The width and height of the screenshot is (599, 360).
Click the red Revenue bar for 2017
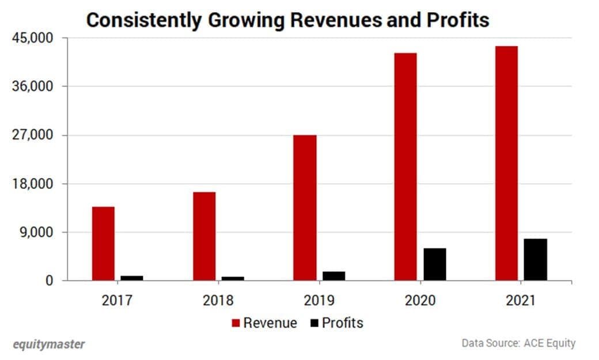point(103,244)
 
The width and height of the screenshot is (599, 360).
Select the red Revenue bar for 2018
point(204,236)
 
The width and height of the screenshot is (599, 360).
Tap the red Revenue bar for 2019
point(305,208)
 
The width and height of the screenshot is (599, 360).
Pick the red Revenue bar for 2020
point(405,167)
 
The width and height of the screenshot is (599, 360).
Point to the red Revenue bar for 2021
point(506,164)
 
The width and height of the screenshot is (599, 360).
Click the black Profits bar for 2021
point(535,260)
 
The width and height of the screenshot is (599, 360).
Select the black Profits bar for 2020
point(434,264)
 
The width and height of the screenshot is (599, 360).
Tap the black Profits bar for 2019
point(333,276)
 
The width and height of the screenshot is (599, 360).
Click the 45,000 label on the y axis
point(33,38)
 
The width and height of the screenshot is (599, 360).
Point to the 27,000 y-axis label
point(33,135)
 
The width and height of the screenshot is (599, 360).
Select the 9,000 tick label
point(36,233)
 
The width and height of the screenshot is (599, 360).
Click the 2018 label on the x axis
point(218,301)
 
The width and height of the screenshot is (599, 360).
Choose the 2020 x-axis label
point(420,301)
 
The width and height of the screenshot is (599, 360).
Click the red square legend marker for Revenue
point(236,323)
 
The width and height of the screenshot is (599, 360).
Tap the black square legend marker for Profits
point(314,323)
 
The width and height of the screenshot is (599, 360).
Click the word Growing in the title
point(245,20)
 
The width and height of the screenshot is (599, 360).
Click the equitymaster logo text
point(49,344)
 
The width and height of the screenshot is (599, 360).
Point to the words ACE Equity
point(549,343)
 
